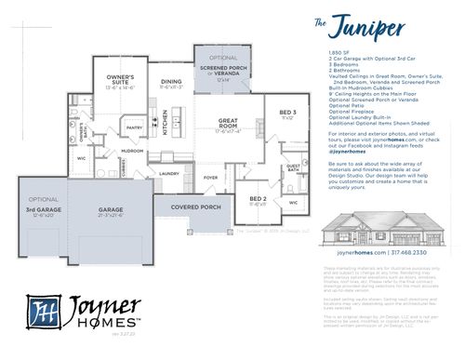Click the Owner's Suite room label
(120, 78)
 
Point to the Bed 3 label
(287, 113)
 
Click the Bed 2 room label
(258, 198)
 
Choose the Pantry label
(134, 128)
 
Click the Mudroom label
(132, 151)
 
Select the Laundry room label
(168, 173)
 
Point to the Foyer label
(211, 177)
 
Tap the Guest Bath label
(292, 168)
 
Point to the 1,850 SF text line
(337, 53)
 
